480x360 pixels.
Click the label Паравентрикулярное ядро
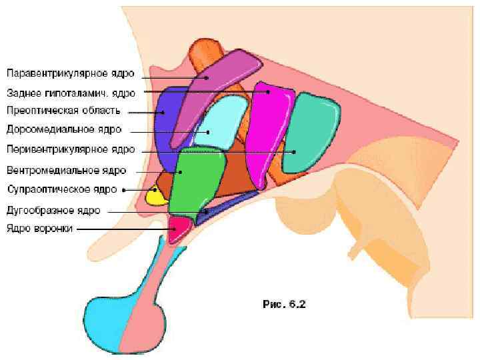click(x=70, y=73)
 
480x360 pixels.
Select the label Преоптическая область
click(x=63, y=110)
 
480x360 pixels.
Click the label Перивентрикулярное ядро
click(x=70, y=149)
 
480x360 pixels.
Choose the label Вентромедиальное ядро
click(x=66, y=170)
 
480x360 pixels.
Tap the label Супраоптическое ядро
click(x=62, y=189)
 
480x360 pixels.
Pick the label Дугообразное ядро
click(x=53, y=210)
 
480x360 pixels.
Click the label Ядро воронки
click(x=39, y=228)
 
